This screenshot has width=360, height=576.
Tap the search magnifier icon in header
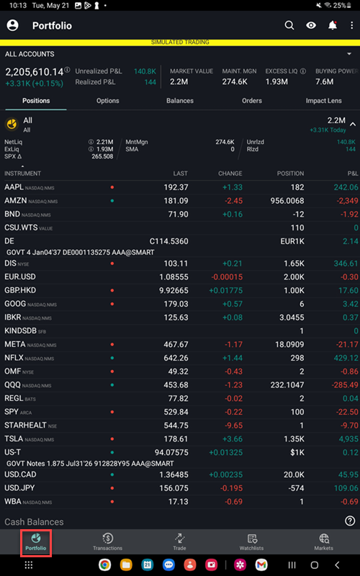pyautogui.click(x=289, y=25)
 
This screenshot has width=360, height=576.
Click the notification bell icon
pyautogui.click(x=332, y=25)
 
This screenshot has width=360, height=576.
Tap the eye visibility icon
pyautogui.click(x=311, y=25)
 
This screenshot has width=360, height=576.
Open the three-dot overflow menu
pyautogui.click(x=351, y=25)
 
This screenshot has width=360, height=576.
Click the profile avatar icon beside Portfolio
pyautogui.click(x=12, y=25)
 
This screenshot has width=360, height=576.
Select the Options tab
pyautogui.click(x=107, y=101)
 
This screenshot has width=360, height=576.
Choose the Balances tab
pyautogui.click(x=179, y=101)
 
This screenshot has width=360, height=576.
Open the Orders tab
pyautogui.click(x=251, y=101)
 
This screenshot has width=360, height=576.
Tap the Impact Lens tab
pyautogui.click(x=323, y=101)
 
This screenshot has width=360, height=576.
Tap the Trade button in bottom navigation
pyautogui.click(x=179, y=542)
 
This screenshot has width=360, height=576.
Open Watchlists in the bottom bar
pyautogui.click(x=251, y=542)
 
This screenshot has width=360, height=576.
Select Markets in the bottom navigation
pyautogui.click(x=323, y=542)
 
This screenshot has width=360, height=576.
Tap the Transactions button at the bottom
pyautogui.click(x=107, y=542)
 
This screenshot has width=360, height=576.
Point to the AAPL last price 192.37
pyautogui.click(x=176, y=186)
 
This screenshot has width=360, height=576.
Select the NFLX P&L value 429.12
pyautogui.click(x=344, y=358)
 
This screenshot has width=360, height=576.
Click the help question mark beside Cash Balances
pyautogui.click(x=350, y=521)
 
